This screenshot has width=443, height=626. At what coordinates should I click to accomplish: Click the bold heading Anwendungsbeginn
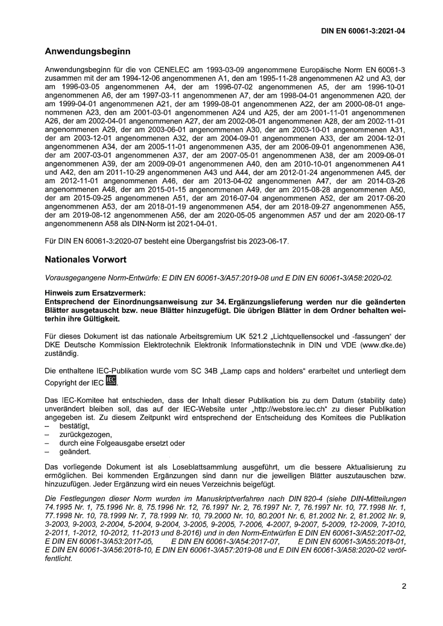[x=87, y=51]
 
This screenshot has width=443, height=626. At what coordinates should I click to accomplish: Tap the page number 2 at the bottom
[x=404, y=586]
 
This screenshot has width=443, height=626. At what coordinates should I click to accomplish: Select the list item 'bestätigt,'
[x=75, y=426]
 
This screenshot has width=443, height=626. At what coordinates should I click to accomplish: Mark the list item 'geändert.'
[x=75, y=452]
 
